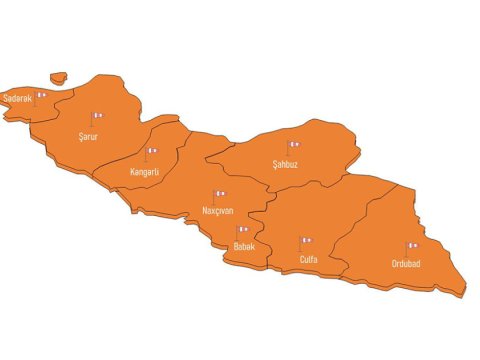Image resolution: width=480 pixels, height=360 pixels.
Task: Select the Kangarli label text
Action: (145, 171)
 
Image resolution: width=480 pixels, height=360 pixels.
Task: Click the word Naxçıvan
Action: (218, 211)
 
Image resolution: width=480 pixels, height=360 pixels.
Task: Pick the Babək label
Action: (244, 246)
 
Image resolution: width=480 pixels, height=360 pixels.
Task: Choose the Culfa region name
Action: (309, 259)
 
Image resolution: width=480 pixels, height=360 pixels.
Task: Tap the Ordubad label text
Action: (406, 264)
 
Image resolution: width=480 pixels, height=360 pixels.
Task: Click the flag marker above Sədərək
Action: (41, 95)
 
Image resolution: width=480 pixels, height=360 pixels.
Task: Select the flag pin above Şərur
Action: (97, 117)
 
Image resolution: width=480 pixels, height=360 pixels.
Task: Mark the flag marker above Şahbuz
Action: (294, 146)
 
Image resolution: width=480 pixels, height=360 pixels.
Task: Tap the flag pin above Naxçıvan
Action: (220, 195)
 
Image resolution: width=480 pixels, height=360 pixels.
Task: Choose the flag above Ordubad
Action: (411, 246)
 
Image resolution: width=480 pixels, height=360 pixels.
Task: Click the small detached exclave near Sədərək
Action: (58, 76)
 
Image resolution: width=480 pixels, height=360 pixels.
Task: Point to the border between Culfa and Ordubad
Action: (365, 215)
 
